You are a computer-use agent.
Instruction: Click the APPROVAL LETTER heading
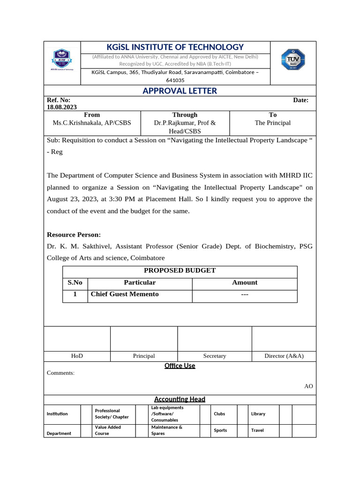click(x=180, y=91)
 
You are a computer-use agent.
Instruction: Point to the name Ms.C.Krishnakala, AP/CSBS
click(x=92, y=123)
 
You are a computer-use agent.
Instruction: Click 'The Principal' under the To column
click(x=272, y=123)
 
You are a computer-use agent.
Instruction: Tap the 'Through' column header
click(x=185, y=115)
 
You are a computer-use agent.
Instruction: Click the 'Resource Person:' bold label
click(x=74, y=235)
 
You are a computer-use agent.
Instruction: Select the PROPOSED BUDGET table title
click(x=180, y=270)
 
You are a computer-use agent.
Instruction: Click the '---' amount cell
click(x=244, y=294)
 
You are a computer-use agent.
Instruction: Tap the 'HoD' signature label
click(x=77, y=356)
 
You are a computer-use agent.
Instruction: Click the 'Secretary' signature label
click(x=215, y=356)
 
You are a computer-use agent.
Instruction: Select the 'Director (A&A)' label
click(x=284, y=356)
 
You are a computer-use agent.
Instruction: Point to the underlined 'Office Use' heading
click(x=180, y=366)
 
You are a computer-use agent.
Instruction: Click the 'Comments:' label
click(x=60, y=373)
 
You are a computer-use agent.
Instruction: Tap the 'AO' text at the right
click(x=308, y=386)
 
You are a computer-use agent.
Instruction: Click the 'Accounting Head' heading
click(x=180, y=399)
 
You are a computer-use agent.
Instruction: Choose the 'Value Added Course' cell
click(x=108, y=430)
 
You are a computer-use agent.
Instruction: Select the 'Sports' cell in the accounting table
click(x=220, y=430)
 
